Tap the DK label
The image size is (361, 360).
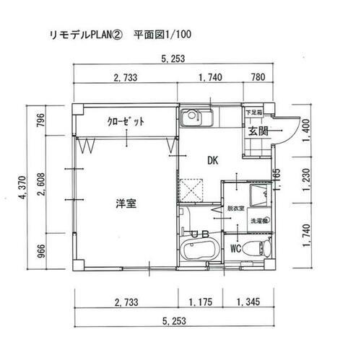click(213, 160)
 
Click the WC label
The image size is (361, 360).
click(235, 249)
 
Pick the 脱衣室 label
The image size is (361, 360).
click(236, 208)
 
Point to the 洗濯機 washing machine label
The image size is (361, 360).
click(259, 221)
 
